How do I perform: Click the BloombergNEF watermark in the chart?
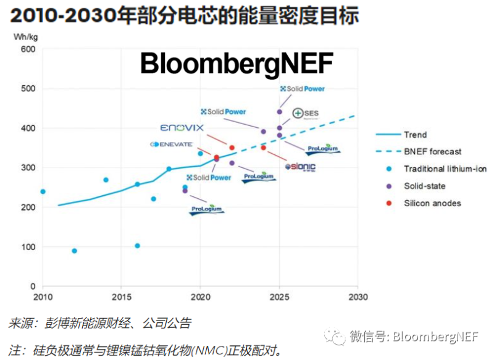(x=237, y=63)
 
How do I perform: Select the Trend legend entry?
(x=415, y=135)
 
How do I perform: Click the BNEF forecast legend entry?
(x=432, y=151)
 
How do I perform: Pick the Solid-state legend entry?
(x=424, y=186)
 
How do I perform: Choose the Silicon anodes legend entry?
(x=432, y=203)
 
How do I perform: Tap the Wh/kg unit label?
(x=23, y=37)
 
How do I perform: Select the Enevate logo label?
(x=172, y=144)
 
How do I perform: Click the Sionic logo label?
(x=300, y=167)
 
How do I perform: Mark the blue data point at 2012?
(x=75, y=251)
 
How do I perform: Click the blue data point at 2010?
(x=43, y=191)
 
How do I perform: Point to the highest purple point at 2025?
(x=279, y=112)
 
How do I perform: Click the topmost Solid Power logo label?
(x=302, y=89)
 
